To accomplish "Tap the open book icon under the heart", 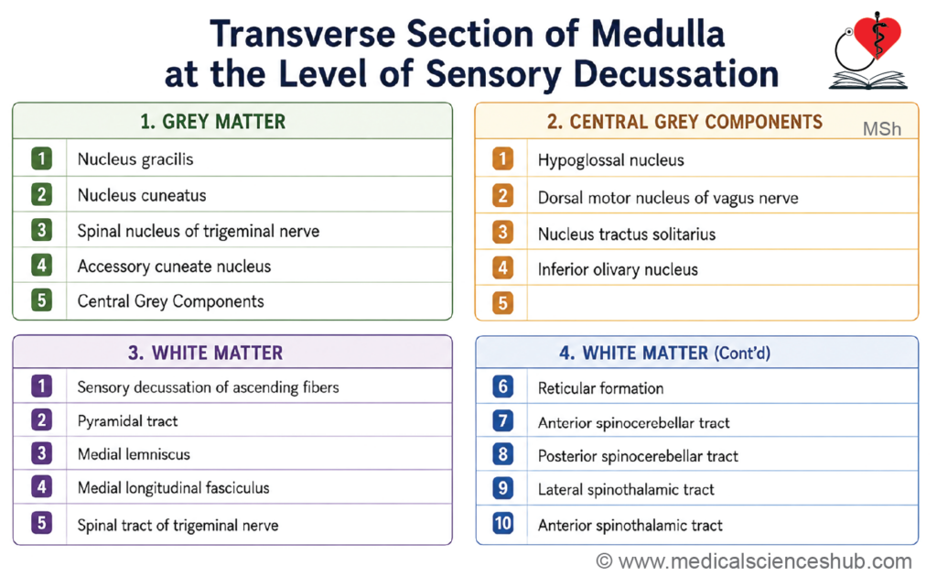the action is [867, 81].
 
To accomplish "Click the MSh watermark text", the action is [881, 129].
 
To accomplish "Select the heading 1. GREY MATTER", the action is [212, 122].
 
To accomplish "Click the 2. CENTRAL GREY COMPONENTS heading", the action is [684, 122].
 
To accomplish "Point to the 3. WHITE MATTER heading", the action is [205, 353].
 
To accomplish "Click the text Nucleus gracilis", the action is [135, 159].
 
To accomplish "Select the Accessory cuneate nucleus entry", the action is [174, 267].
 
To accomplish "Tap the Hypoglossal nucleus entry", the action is [610, 160].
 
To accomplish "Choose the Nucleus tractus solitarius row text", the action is [627, 234].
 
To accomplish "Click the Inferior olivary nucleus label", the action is [618, 269].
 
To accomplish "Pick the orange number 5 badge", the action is [502, 303].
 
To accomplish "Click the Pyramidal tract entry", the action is [127, 421].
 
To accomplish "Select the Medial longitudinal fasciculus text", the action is [173, 488].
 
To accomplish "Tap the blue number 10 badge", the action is [502, 523].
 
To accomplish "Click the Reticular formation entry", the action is [600, 388].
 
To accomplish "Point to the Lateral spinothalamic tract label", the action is [626, 490].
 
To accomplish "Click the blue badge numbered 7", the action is [502, 421].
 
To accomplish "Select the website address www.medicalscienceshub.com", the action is [765, 561].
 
